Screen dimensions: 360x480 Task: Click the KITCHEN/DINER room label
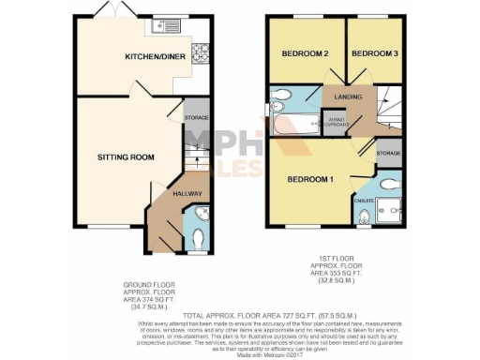coord(155,58)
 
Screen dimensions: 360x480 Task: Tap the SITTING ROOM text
coord(125,157)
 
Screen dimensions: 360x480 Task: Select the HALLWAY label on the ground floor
coord(186,194)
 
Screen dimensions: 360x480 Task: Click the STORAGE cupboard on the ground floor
coord(195,117)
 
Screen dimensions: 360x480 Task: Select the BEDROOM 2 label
coord(305,54)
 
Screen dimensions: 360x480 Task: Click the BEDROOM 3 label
coord(374,54)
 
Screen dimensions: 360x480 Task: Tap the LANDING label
coord(348,97)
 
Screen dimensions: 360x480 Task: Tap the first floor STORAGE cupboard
coord(388,153)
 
